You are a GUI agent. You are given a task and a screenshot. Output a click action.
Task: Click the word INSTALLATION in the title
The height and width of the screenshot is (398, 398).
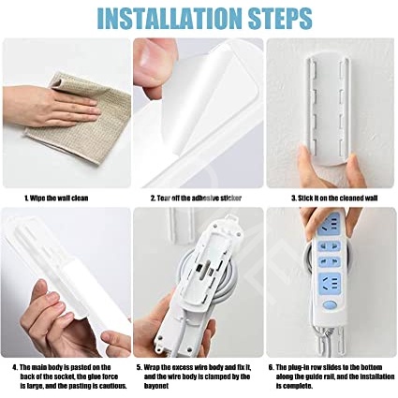point(169,18)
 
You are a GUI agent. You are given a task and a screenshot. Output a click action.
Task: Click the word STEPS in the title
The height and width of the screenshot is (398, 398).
point(281,18)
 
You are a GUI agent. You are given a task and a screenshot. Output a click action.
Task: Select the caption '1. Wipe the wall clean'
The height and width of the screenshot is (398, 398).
point(56,199)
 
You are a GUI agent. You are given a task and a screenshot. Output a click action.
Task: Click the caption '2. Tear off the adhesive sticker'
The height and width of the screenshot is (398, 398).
point(196,199)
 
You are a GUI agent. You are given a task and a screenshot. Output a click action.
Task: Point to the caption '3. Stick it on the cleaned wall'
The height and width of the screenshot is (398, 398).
point(334,199)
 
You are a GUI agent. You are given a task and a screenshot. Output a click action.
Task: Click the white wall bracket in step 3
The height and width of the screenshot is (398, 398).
point(326,110)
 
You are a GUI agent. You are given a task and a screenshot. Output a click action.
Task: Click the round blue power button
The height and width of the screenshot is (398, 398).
point(330,305)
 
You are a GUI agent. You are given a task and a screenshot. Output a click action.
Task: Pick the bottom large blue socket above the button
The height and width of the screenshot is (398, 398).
point(330,284)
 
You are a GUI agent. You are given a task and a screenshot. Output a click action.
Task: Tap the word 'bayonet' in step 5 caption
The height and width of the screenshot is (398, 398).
point(156,386)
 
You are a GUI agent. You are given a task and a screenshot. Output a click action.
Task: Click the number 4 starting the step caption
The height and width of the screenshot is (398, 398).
point(15,367)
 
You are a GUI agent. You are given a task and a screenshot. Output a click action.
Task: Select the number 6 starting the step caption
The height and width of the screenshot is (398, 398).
point(271,367)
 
